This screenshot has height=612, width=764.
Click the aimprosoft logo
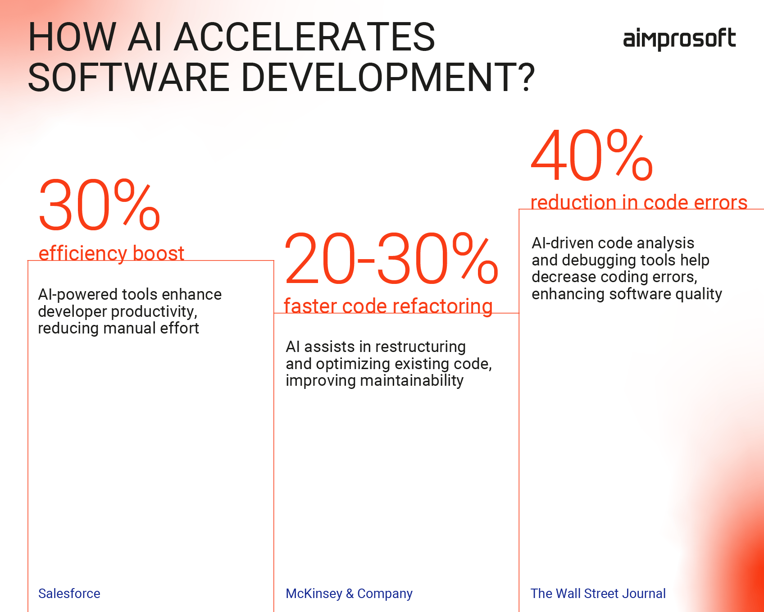pyautogui.click(x=679, y=39)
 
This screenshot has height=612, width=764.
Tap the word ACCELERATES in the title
pyautogui.click(x=305, y=37)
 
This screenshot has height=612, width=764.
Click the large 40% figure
pyautogui.click(x=591, y=155)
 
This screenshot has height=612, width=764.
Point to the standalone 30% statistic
pyautogui.click(x=99, y=206)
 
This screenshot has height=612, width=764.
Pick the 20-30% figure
pyautogui.click(x=391, y=260)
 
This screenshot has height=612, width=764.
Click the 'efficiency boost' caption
pyautogui.click(x=111, y=253)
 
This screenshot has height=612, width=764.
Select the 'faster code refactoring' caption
pyautogui.click(x=388, y=306)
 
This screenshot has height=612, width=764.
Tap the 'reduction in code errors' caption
pyautogui.click(x=639, y=202)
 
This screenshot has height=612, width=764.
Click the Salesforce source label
pyautogui.click(x=69, y=594)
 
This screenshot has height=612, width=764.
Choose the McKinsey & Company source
pyautogui.click(x=349, y=594)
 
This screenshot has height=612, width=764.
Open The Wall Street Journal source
pyautogui.click(x=598, y=594)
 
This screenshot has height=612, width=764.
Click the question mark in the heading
pyautogui.click(x=524, y=78)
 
